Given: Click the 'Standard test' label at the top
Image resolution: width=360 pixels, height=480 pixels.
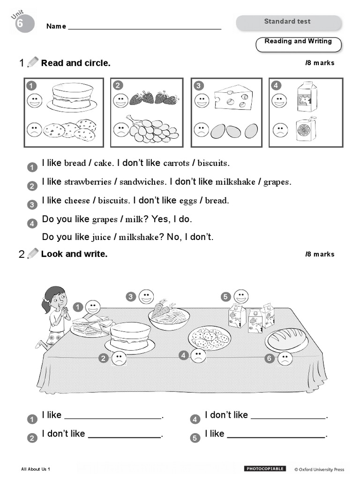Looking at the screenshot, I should [287, 22].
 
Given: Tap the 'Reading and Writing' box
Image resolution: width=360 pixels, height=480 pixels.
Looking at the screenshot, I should [298, 42].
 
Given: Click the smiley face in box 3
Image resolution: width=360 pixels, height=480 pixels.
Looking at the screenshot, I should [202, 100].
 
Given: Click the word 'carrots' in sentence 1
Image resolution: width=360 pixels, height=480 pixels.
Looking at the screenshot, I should [176, 164].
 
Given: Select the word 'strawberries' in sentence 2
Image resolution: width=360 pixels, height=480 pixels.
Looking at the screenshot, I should [88, 182].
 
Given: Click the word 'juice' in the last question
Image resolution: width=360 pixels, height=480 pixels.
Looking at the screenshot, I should [101, 237].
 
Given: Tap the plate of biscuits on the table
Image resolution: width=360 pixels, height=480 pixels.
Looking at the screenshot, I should [210, 337].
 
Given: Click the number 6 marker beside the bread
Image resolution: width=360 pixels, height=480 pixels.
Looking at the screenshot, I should [269, 359].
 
